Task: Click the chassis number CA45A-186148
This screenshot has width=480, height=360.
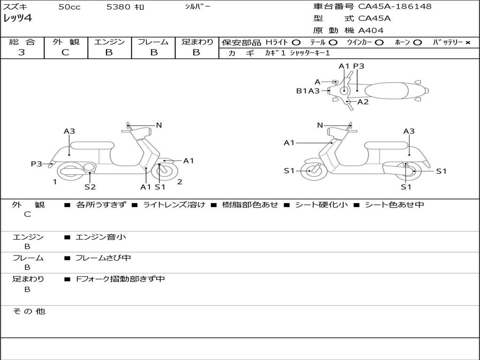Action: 395,7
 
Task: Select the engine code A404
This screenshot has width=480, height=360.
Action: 371,30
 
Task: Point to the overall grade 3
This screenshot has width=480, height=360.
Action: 22,52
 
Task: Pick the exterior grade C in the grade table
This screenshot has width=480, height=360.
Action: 65,52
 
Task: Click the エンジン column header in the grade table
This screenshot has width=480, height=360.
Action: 109,42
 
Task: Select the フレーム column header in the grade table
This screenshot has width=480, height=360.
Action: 153,42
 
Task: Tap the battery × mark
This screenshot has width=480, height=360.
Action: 467,43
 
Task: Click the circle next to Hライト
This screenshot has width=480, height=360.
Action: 296,43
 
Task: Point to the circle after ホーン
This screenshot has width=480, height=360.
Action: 417,43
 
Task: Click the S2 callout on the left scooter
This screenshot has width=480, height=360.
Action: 90,187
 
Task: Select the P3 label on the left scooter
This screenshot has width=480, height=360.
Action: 37,164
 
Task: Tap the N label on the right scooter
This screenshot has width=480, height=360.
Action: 320,125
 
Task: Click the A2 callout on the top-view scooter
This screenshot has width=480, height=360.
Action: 363,102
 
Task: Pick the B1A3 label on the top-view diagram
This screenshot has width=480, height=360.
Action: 307,91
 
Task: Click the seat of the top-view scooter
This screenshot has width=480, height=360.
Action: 389,90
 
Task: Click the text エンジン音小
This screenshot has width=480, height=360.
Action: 101,237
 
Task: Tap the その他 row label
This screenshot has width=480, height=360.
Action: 29,311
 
